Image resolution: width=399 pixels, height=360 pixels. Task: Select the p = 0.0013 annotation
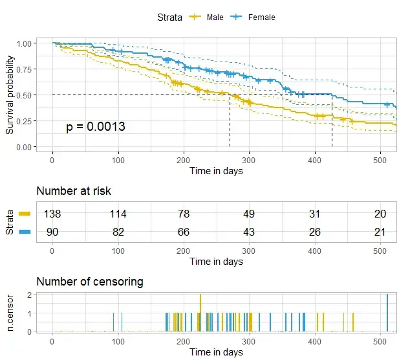click(x=96, y=127)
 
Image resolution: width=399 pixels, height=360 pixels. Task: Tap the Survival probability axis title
click(x=10, y=95)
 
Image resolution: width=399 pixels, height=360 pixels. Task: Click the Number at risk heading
click(x=73, y=191)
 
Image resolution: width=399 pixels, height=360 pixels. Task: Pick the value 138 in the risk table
click(x=52, y=214)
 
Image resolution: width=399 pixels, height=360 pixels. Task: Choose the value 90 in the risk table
click(x=52, y=231)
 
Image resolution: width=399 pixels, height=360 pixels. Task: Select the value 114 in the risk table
click(x=118, y=214)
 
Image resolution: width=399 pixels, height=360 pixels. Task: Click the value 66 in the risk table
click(x=184, y=231)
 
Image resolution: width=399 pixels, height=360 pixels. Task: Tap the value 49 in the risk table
click(x=249, y=214)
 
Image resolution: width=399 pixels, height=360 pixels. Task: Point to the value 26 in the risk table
click(x=314, y=231)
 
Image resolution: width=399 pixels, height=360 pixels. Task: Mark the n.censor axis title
click(x=10, y=313)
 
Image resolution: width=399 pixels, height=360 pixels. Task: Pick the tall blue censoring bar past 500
click(x=387, y=313)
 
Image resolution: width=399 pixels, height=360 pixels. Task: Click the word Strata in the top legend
click(x=169, y=17)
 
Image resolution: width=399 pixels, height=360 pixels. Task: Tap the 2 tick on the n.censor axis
click(x=30, y=295)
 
